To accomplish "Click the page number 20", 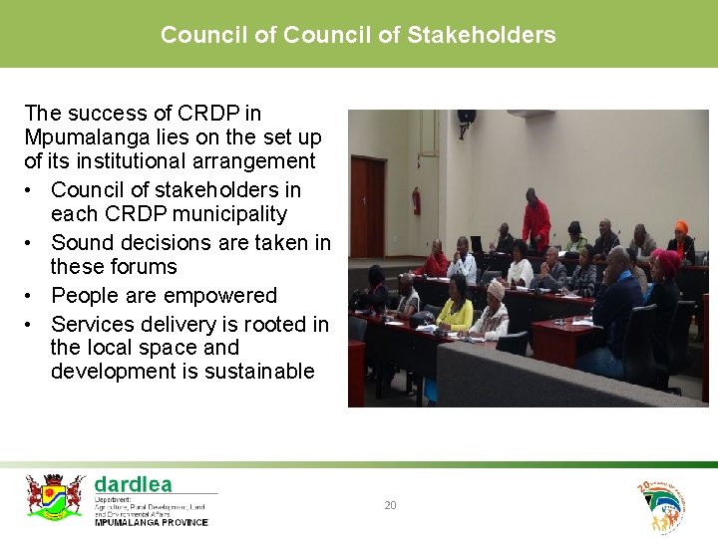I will click(390, 506).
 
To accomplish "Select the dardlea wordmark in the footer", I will click(134, 484).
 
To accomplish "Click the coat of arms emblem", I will click(54, 496).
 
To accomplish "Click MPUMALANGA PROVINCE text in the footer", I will click(152, 522).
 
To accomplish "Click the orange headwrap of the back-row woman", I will click(681, 228).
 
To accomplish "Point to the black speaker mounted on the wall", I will click(466, 118).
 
